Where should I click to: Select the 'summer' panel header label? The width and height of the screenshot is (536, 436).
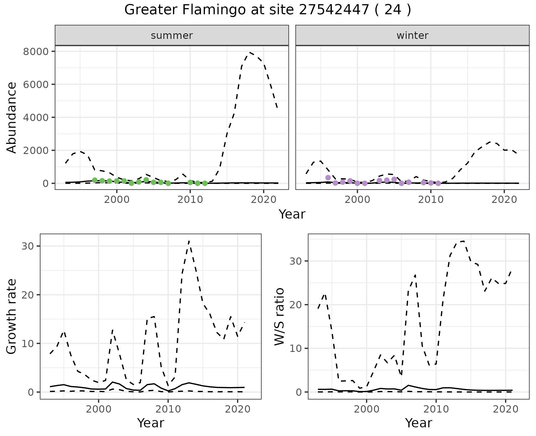point(172,35)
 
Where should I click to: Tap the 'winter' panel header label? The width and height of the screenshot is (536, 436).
point(412,35)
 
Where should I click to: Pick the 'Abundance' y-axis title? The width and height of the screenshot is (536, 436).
point(12,117)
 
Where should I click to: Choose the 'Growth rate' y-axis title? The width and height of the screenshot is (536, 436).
point(12,316)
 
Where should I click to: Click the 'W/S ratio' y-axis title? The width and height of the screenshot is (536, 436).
point(279,316)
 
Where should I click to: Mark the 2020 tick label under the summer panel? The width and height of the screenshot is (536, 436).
point(264,200)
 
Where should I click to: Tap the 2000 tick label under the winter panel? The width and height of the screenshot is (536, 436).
point(357,200)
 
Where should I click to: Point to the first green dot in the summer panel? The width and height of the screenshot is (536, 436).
point(95,180)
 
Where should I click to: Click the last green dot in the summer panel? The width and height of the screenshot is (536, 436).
point(205,183)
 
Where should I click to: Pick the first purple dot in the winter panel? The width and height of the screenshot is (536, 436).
point(328,177)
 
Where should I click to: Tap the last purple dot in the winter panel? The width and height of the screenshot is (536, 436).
point(438,183)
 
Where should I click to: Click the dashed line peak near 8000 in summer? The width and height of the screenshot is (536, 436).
point(250,52)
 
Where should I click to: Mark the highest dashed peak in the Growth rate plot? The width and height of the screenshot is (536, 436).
point(189,241)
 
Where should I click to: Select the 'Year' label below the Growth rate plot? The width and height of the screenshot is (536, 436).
point(150,423)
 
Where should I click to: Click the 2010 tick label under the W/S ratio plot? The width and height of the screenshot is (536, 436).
point(436,409)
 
